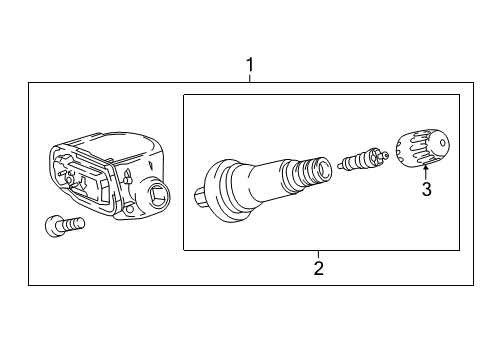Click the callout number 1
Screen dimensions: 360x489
(250, 67)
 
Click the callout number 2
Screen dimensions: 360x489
(318, 267)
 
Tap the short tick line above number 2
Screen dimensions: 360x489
(318, 253)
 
